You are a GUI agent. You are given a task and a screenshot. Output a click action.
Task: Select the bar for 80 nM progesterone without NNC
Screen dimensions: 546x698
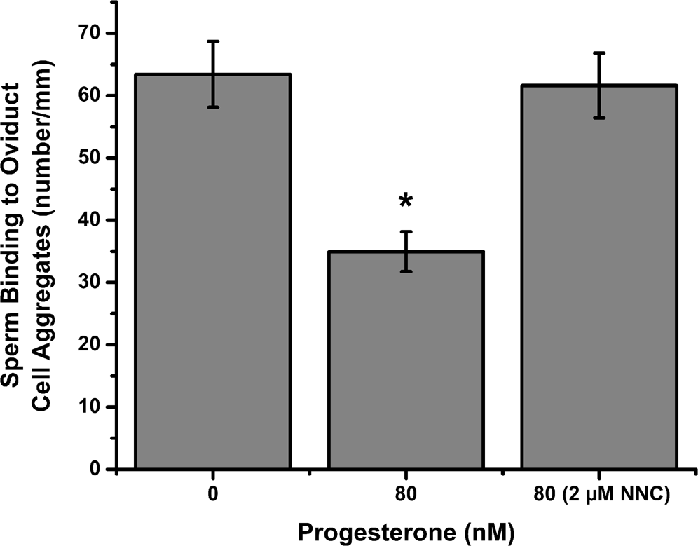click(406, 364)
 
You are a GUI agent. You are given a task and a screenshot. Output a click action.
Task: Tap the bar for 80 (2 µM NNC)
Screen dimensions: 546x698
click(598, 280)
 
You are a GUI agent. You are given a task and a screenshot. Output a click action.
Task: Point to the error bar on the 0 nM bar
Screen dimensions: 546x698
click(212, 74)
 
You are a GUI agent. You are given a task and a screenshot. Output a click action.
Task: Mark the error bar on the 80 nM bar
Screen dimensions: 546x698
click(406, 250)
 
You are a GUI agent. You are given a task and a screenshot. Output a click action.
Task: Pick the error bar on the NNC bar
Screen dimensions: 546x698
click(598, 85)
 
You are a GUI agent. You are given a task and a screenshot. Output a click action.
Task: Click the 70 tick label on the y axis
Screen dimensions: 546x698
click(90, 33)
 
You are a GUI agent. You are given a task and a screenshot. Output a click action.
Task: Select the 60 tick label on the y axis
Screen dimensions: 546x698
click(90, 95)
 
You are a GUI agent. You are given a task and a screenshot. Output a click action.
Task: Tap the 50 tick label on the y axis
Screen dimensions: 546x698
click(90, 158)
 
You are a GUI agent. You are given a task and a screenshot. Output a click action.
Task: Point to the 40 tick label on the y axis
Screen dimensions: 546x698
click(90, 220)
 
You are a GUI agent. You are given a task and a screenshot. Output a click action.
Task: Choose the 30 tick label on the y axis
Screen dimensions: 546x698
click(90, 282)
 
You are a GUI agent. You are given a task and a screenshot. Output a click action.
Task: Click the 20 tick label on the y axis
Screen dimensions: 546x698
click(90, 345)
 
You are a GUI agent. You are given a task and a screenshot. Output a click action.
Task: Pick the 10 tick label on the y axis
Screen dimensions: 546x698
click(90, 407)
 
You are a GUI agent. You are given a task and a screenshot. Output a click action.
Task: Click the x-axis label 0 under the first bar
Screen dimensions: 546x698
click(212, 495)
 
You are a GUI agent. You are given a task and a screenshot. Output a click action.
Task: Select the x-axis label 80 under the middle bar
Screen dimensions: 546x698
click(406, 495)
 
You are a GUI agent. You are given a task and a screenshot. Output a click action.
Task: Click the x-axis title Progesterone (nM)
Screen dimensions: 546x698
click(406, 532)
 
